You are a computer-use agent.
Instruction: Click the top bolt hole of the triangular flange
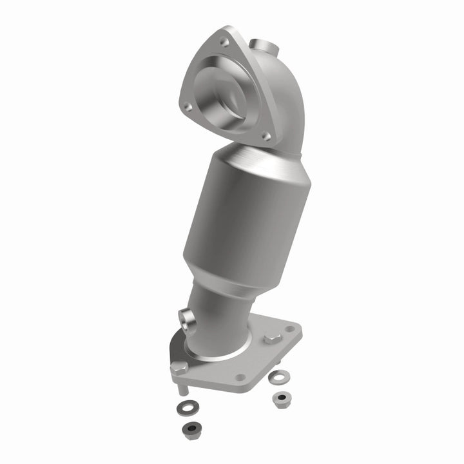click(x=224, y=42)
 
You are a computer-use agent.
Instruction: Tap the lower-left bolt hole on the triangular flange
click(x=186, y=108)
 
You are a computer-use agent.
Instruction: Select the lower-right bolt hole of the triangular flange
click(x=266, y=136)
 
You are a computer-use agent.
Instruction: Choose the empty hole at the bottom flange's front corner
click(x=240, y=378)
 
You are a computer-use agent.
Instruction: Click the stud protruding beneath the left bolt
click(x=182, y=389)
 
